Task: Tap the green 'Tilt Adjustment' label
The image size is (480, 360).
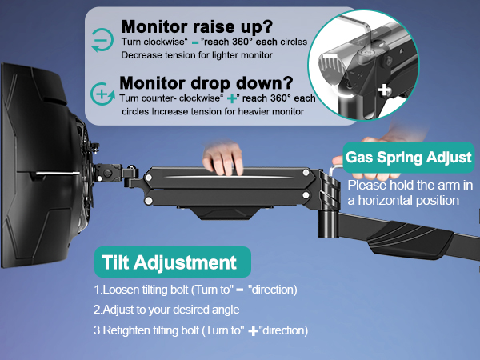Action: pyautogui.click(x=169, y=263)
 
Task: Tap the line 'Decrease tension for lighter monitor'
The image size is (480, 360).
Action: pyautogui.click(x=198, y=55)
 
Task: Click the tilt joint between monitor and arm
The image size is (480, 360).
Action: pyautogui.click(x=112, y=174)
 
